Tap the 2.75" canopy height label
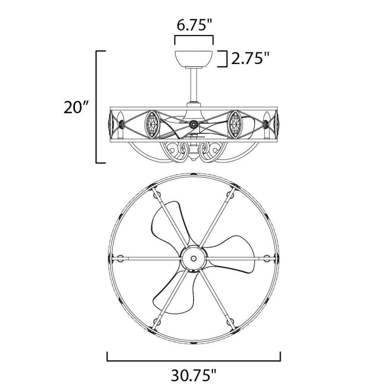click(250, 59)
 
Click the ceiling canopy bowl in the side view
click(194, 59)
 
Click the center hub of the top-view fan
click(194, 258)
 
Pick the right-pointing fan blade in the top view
click(230, 255)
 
